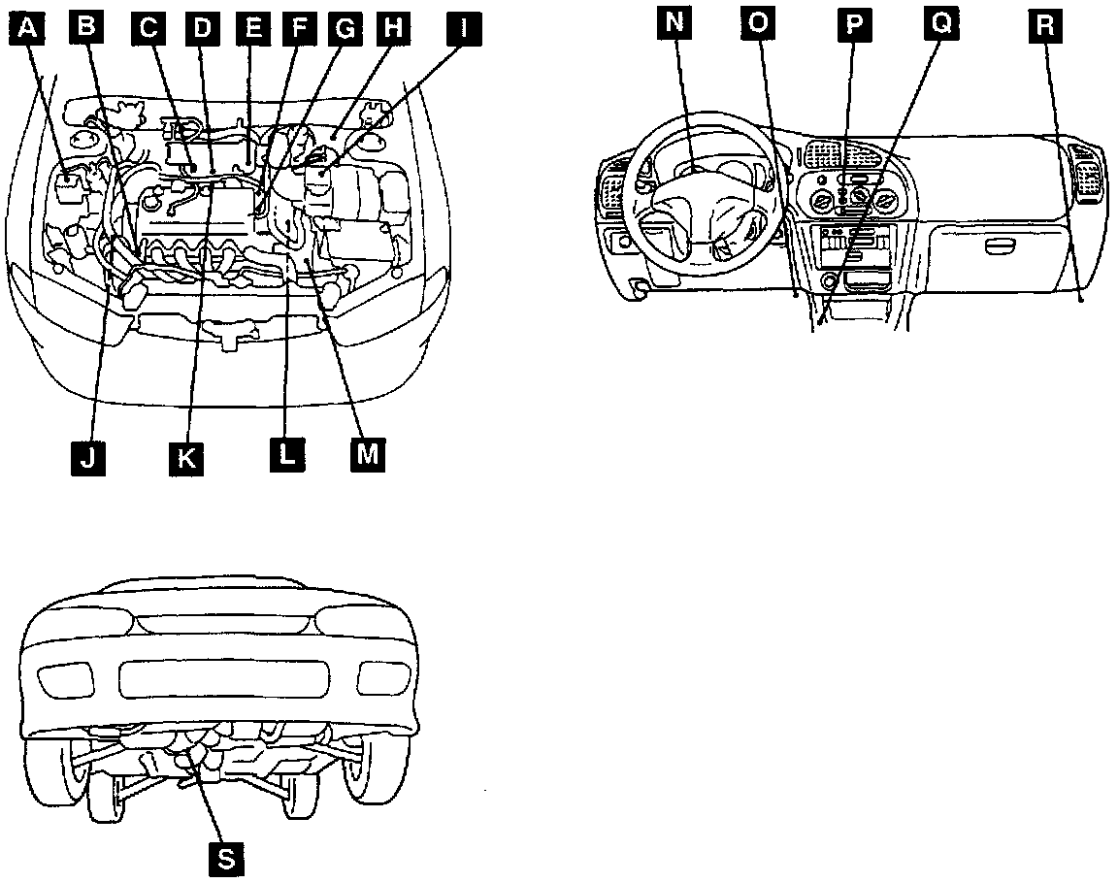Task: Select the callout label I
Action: pyautogui.click(x=462, y=28)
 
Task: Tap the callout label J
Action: pyautogui.click(x=88, y=455)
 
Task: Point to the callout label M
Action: pyautogui.click(x=366, y=453)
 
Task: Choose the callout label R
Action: pyautogui.click(x=1043, y=24)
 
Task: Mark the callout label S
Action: pyautogui.click(x=226, y=857)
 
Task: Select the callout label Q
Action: pyautogui.click(x=938, y=24)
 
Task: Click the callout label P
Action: pyautogui.click(x=853, y=24)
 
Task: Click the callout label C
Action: pyautogui.click(x=148, y=28)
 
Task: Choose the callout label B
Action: pyautogui.click(x=86, y=28)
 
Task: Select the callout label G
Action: pyautogui.click(x=344, y=28)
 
